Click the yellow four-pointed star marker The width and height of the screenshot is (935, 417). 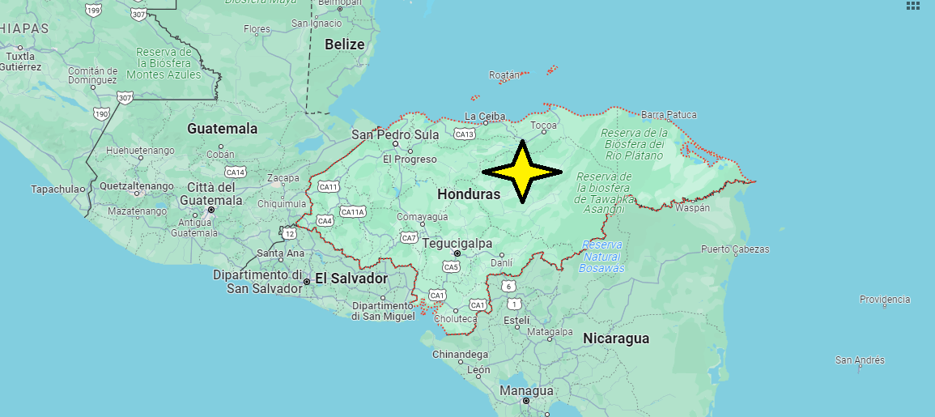[522, 172]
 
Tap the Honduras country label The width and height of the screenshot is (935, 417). [469, 194]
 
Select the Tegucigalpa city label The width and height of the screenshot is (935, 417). [457, 243]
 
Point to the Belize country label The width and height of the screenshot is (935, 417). [345, 45]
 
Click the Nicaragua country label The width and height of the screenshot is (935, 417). [616, 338]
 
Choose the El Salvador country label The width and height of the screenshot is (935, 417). [351, 279]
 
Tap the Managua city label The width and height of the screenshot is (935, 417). [526, 391]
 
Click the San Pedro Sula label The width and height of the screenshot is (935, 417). [395, 135]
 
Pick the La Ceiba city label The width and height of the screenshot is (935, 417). [486, 117]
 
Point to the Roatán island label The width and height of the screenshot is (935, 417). [504, 75]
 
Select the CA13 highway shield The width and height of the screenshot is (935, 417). [465, 134]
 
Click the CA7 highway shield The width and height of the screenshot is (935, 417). [409, 238]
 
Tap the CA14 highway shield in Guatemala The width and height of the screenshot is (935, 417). [236, 172]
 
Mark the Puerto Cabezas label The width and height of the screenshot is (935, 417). [735, 249]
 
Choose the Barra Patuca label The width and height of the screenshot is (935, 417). [669, 115]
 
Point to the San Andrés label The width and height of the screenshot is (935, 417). [860, 360]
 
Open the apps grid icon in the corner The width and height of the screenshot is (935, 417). [913, 6]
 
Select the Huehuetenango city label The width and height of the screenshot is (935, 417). [140, 151]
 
